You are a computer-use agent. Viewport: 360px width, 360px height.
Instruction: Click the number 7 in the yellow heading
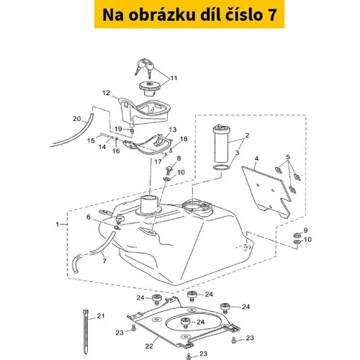[x=271, y=15]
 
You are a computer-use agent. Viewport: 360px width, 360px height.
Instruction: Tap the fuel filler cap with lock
[x=149, y=89]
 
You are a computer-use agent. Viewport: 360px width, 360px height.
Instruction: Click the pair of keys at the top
[x=144, y=68]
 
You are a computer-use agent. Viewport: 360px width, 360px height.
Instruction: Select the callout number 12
[x=106, y=93]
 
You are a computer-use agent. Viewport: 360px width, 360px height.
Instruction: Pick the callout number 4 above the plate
[x=256, y=158]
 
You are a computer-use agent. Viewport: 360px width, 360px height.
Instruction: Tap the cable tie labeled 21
[x=86, y=332]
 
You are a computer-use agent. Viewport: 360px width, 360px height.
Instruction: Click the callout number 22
[x=149, y=346]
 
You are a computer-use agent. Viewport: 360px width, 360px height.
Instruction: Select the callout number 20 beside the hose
[x=77, y=119]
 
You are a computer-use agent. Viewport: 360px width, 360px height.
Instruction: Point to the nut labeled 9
[x=297, y=234]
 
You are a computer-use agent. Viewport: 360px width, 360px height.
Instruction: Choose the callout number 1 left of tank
[x=58, y=224]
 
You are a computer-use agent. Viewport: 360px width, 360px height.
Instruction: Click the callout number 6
[x=89, y=217]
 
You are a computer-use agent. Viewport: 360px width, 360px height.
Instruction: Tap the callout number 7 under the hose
[x=104, y=261]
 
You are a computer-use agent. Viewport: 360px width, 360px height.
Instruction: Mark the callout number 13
[x=173, y=130]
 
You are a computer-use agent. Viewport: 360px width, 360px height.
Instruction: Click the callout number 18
[x=184, y=139]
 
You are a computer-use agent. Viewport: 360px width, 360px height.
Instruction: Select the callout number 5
[x=288, y=157]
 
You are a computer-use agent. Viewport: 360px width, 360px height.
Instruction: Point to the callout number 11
[x=174, y=78]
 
